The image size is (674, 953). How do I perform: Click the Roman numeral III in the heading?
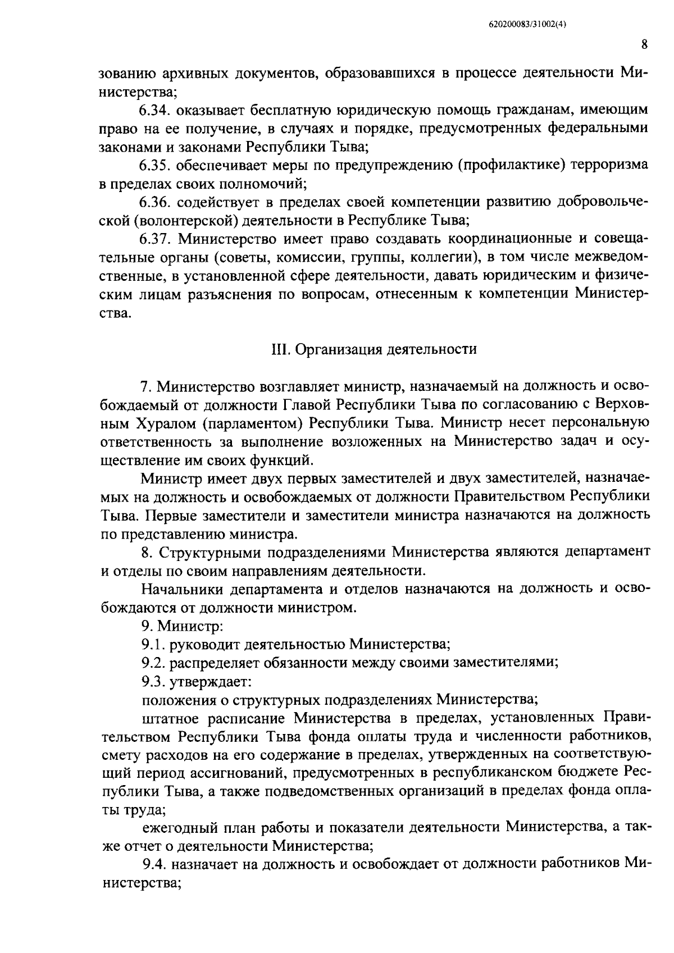pyautogui.click(x=279, y=349)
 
